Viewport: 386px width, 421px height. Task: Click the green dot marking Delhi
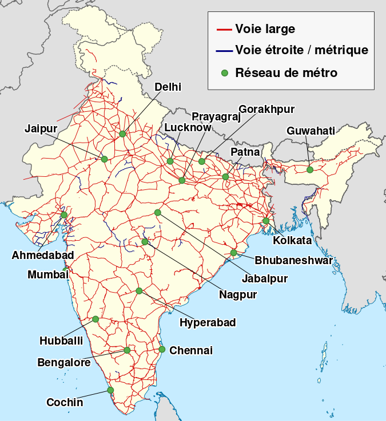click(122, 134)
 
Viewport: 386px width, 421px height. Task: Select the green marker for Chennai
click(162, 349)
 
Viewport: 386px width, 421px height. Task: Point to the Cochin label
click(65, 402)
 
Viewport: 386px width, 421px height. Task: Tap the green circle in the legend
click(224, 73)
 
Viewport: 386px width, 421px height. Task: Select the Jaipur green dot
click(104, 159)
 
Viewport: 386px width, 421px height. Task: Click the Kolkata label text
click(292, 240)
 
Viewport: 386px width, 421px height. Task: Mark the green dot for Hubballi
click(95, 319)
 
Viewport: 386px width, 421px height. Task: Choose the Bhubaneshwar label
click(293, 261)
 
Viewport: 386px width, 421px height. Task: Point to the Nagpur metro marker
click(145, 242)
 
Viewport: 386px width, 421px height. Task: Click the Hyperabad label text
click(208, 322)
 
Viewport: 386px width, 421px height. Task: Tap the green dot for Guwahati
click(310, 169)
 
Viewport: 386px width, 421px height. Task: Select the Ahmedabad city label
click(42, 255)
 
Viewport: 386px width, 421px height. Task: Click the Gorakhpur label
click(266, 108)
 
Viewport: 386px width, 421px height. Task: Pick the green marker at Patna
click(225, 177)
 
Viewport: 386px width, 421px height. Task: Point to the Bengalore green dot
click(127, 350)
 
